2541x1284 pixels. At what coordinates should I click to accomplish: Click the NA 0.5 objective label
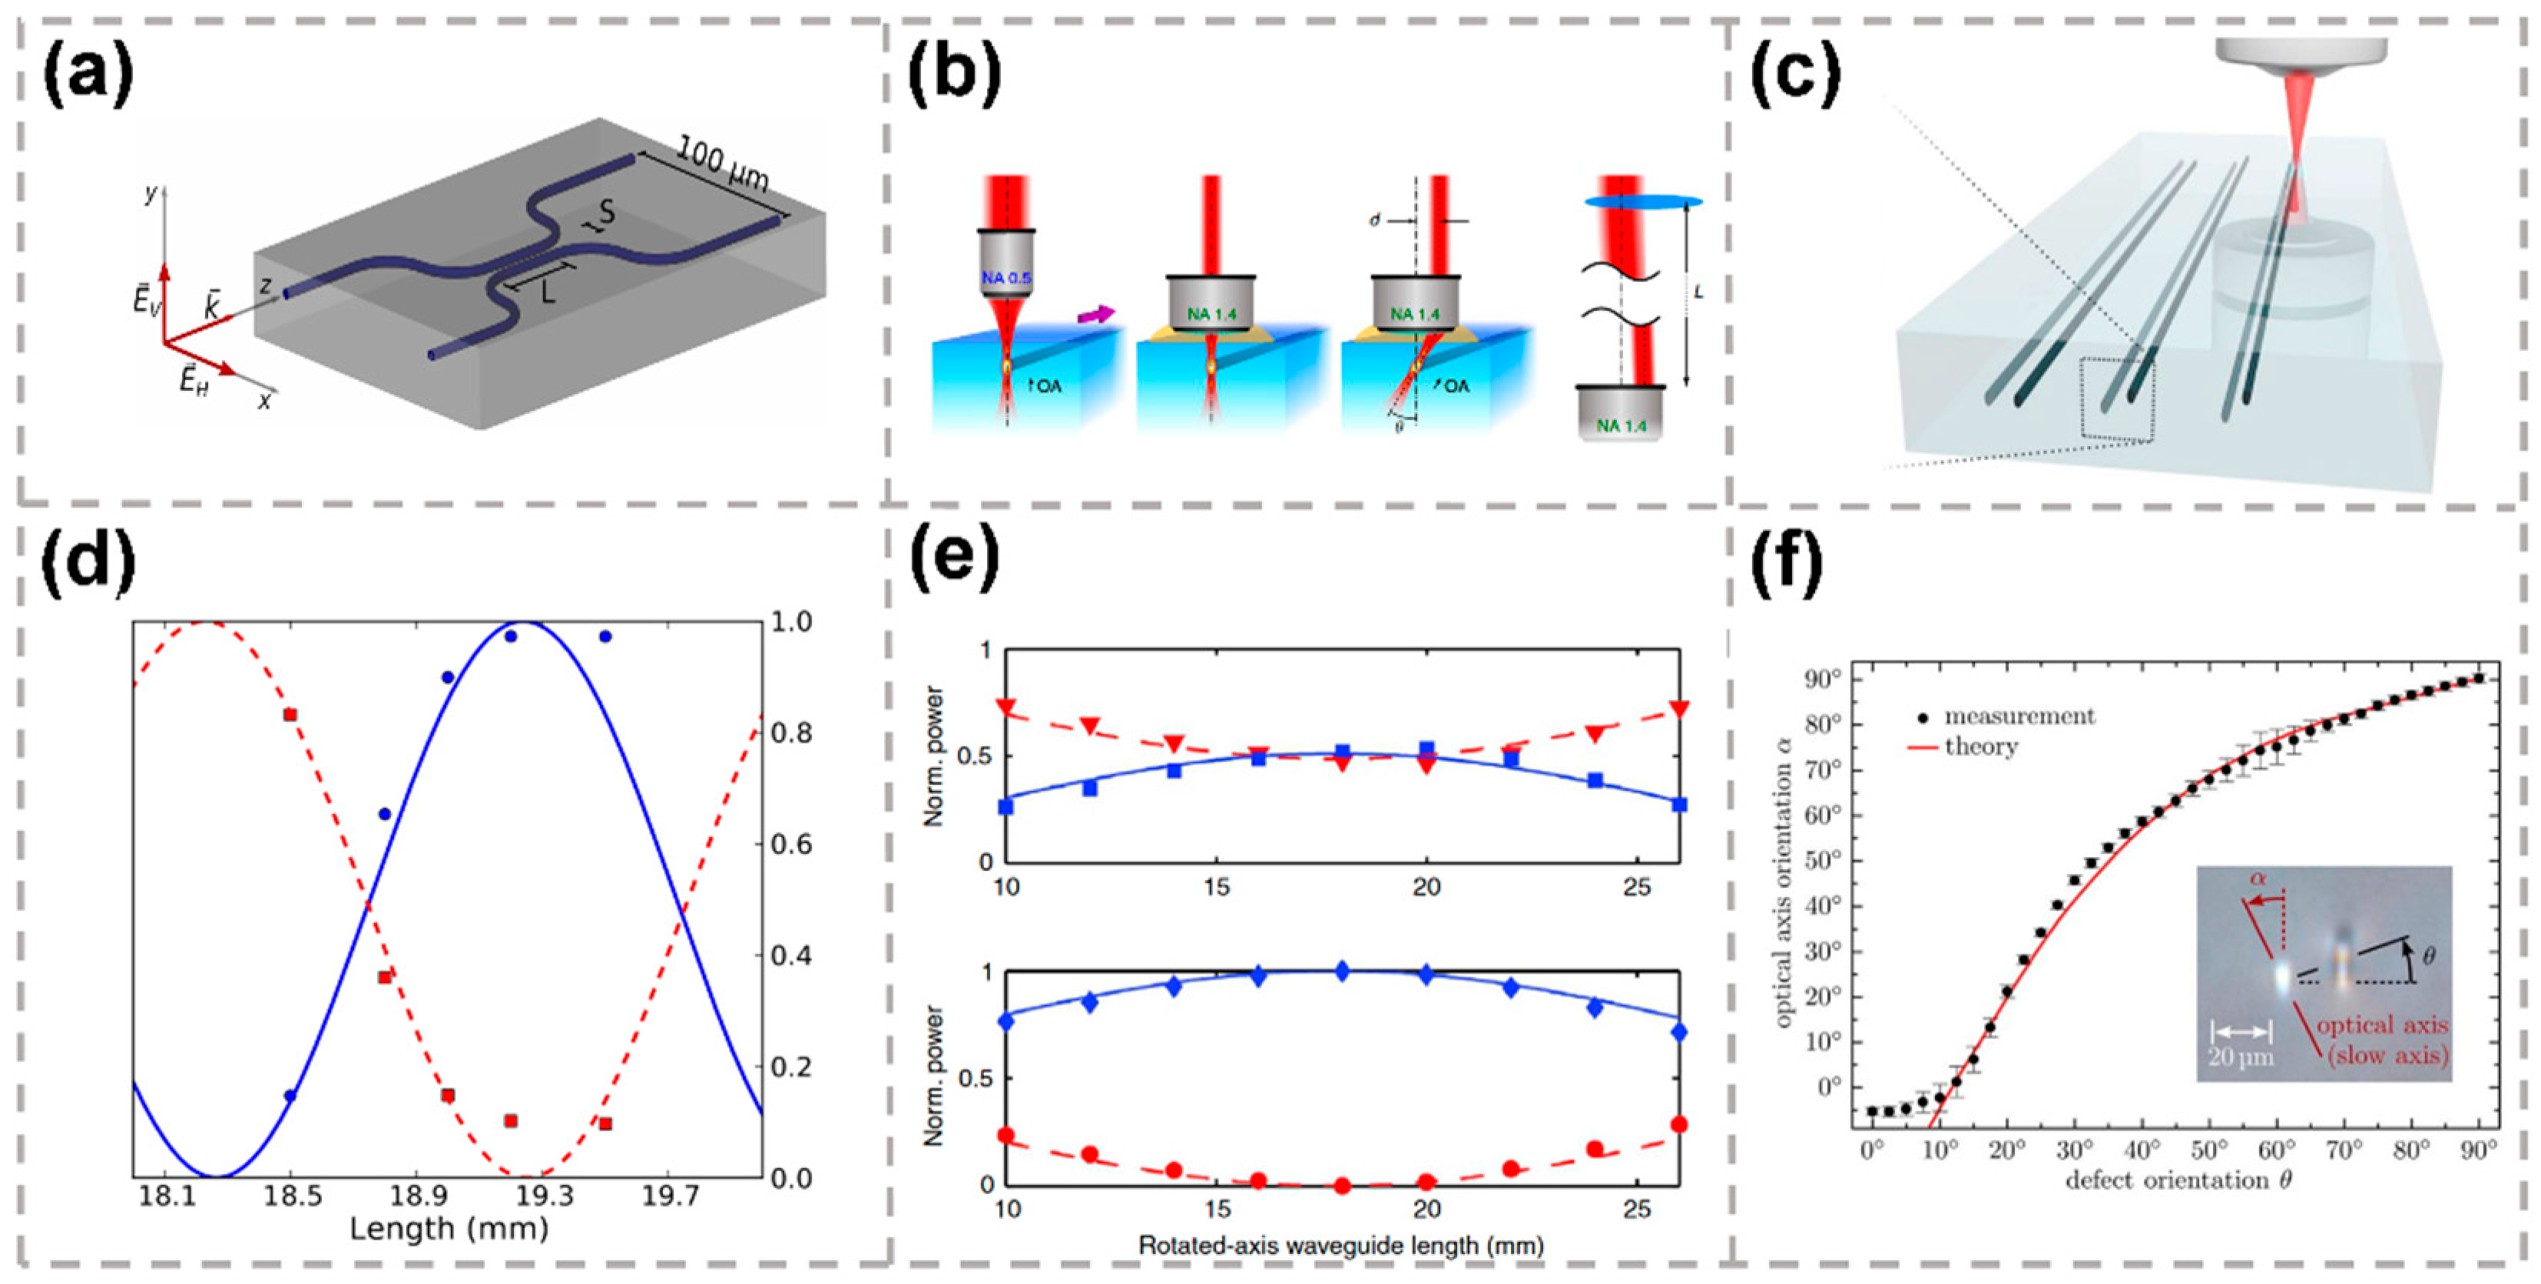point(1005,278)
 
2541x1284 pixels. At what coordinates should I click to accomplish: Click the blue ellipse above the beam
point(1643,202)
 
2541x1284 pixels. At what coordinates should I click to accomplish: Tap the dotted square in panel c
point(2117,399)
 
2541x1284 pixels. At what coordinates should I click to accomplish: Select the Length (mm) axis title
point(448,1229)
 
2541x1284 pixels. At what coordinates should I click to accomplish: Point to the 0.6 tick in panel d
point(791,844)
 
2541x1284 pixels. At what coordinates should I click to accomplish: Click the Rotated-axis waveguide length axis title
point(1340,1246)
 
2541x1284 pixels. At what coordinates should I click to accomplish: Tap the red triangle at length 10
point(1006,706)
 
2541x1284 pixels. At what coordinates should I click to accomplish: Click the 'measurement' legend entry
point(2018,716)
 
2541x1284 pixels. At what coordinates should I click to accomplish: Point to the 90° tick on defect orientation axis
point(2478,1149)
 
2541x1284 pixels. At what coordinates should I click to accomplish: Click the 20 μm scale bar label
point(2240,1057)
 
